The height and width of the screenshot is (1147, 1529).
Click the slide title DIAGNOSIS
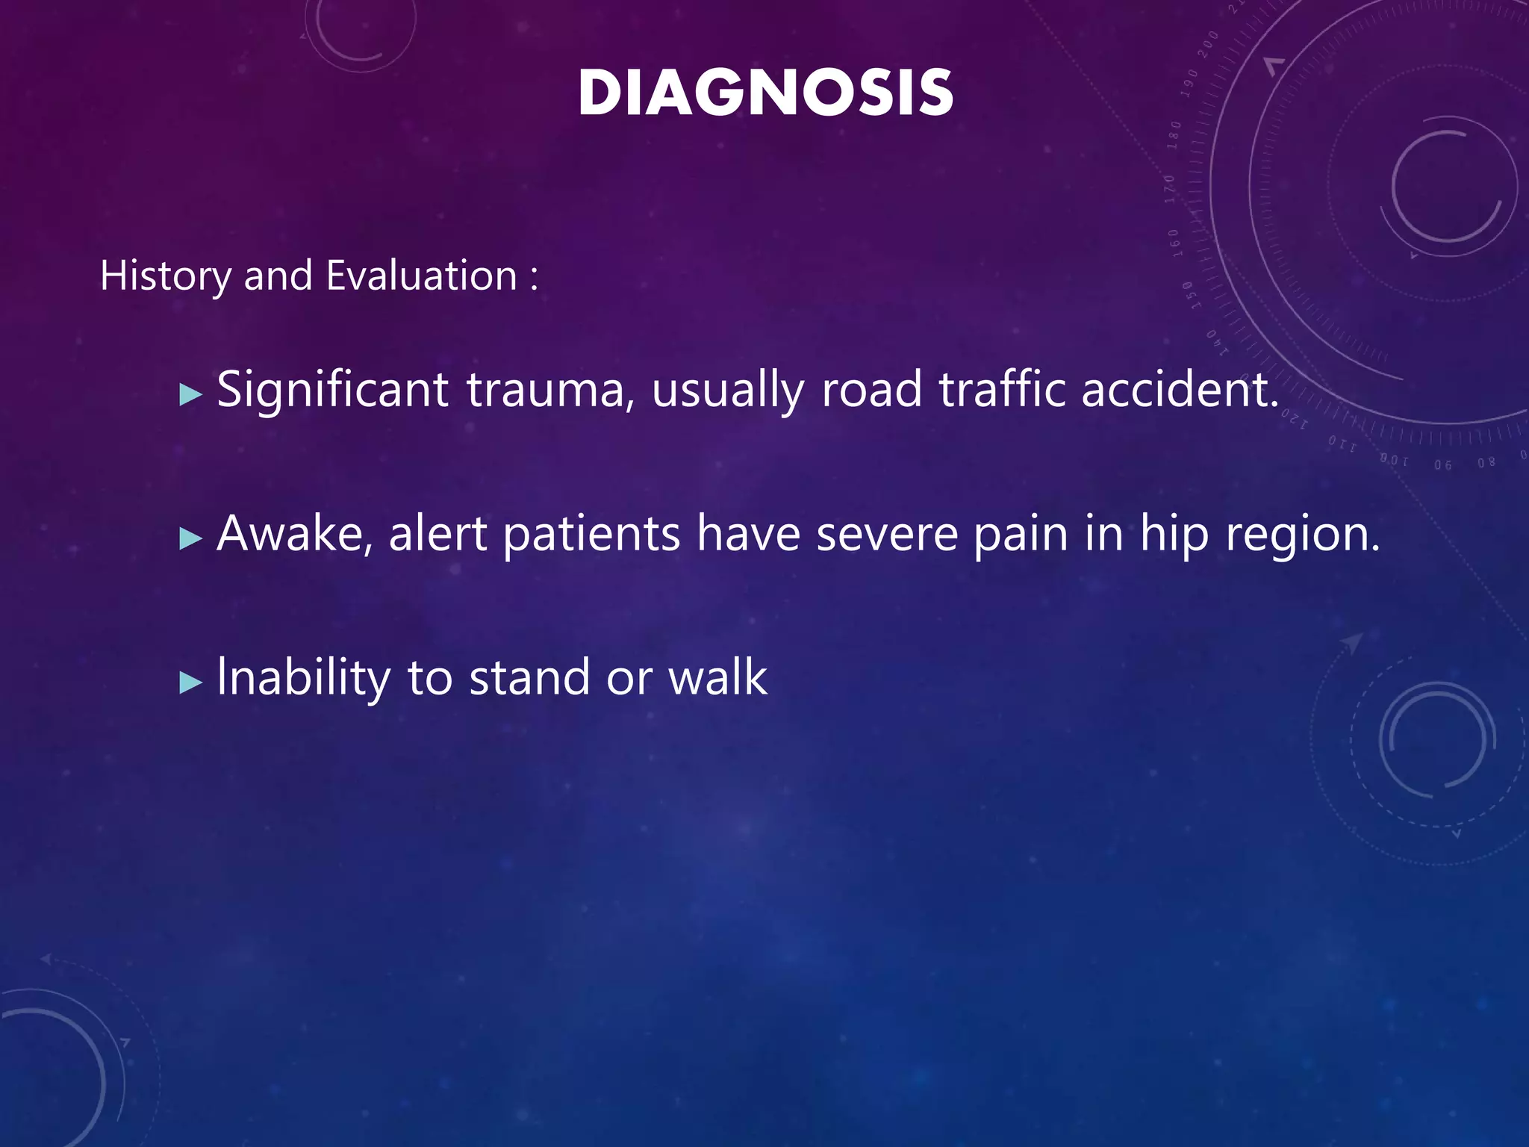click(x=765, y=93)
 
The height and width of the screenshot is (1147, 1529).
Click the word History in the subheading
click(x=166, y=276)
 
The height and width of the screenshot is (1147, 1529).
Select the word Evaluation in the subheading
click(x=422, y=276)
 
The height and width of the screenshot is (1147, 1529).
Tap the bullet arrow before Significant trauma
click(x=191, y=394)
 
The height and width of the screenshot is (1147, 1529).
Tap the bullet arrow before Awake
click(x=191, y=538)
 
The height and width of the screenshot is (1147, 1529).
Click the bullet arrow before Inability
click(x=191, y=682)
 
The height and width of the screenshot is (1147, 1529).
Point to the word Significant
click(x=332, y=390)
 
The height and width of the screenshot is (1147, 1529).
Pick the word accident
click(x=1180, y=390)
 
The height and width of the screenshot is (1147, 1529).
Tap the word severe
click(x=887, y=534)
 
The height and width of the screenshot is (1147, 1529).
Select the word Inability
click(x=303, y=678)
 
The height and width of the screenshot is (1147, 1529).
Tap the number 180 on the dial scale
click(x=1174, y=134)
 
